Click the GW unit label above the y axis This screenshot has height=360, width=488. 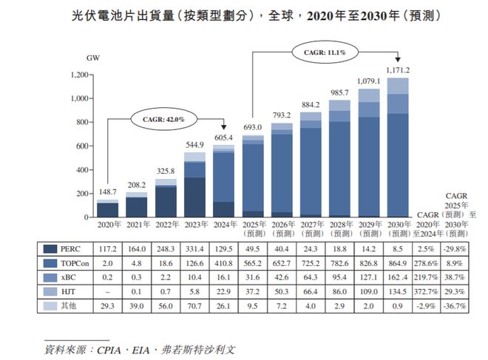click(93, 57)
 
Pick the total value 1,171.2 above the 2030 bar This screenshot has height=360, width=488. click(398, 70)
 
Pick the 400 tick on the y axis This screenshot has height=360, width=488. click(81, 170)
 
